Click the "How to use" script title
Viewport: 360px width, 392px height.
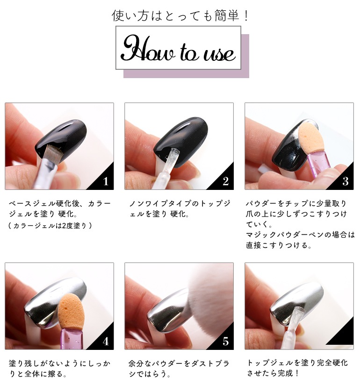pos(178,49)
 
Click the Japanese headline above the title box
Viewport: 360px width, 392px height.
pos(180,15)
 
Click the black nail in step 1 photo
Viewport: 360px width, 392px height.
pos(63,139)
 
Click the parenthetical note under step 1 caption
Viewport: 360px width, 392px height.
pos(50,226)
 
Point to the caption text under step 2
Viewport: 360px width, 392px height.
pos(180,209)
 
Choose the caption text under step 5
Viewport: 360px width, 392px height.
pos(179,369)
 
